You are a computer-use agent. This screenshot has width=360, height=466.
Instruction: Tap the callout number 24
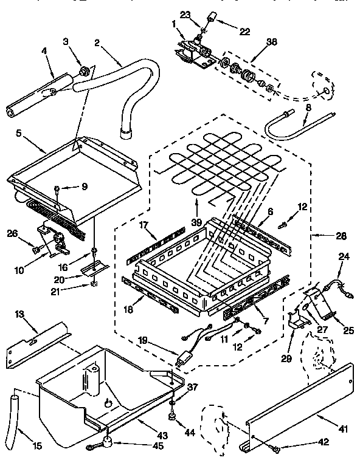coord(344,256)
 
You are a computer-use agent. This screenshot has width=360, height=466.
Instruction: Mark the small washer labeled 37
coord(173,402)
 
